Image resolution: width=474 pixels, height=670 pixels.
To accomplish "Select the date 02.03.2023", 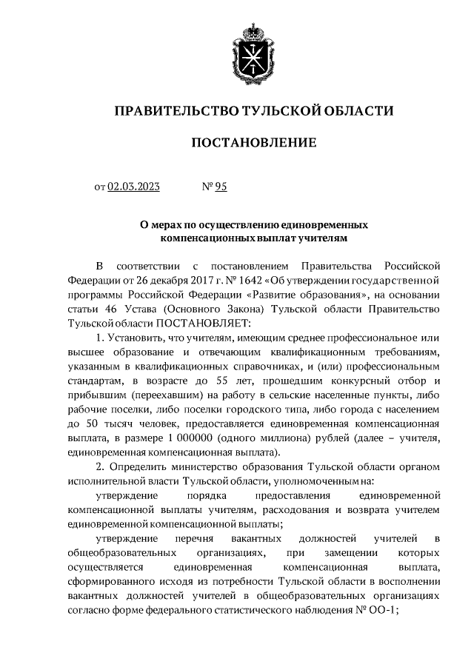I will pyautogui.click(x=134, y=187).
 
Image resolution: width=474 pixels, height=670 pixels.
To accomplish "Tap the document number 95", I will pyautogui.click(x=220, y=187).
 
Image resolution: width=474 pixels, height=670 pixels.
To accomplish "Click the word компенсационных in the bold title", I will pyautogui.click(x=208, y=238).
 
